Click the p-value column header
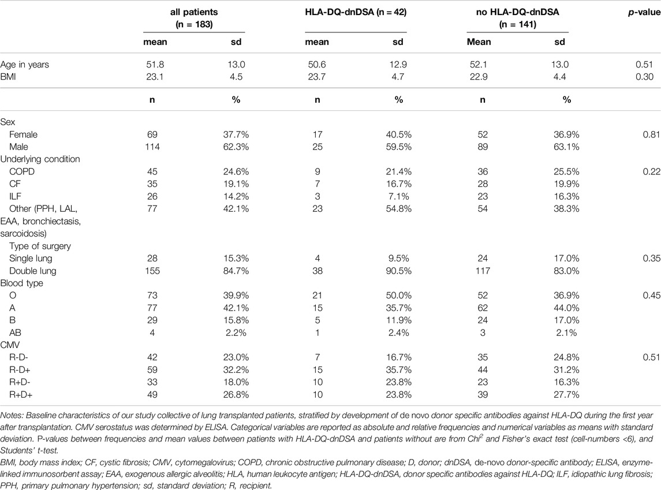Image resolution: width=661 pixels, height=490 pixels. point(644,12)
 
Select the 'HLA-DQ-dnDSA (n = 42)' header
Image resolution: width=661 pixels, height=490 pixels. point(356,12)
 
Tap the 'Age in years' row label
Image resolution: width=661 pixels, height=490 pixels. point(24,65)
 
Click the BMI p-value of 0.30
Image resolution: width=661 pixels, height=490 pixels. point(645,77)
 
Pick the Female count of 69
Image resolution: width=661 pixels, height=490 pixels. point(152,134)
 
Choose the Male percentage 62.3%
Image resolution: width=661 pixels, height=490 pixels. point(236,147)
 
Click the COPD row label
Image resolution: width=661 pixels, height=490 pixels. point(22,171)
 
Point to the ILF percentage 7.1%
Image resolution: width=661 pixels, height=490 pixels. point(398,196)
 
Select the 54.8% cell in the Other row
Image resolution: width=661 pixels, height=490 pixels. point(398,208)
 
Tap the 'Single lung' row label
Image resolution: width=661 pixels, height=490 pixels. point(31,258)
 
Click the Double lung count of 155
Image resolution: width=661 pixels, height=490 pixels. point(152,271)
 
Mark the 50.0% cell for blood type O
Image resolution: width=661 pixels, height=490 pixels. point(398,296)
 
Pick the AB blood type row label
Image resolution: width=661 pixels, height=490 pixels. point(15,332)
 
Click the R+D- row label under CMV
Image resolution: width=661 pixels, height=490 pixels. point(20,382)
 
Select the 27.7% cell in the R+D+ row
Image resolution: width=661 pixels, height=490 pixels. point(566,394)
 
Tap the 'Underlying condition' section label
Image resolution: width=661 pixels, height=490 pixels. point(40,159)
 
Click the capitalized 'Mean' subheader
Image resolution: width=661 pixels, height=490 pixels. point(479,42)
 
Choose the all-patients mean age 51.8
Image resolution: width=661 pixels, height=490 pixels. point(155,65)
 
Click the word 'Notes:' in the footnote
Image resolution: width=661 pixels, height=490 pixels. point(12,416)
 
